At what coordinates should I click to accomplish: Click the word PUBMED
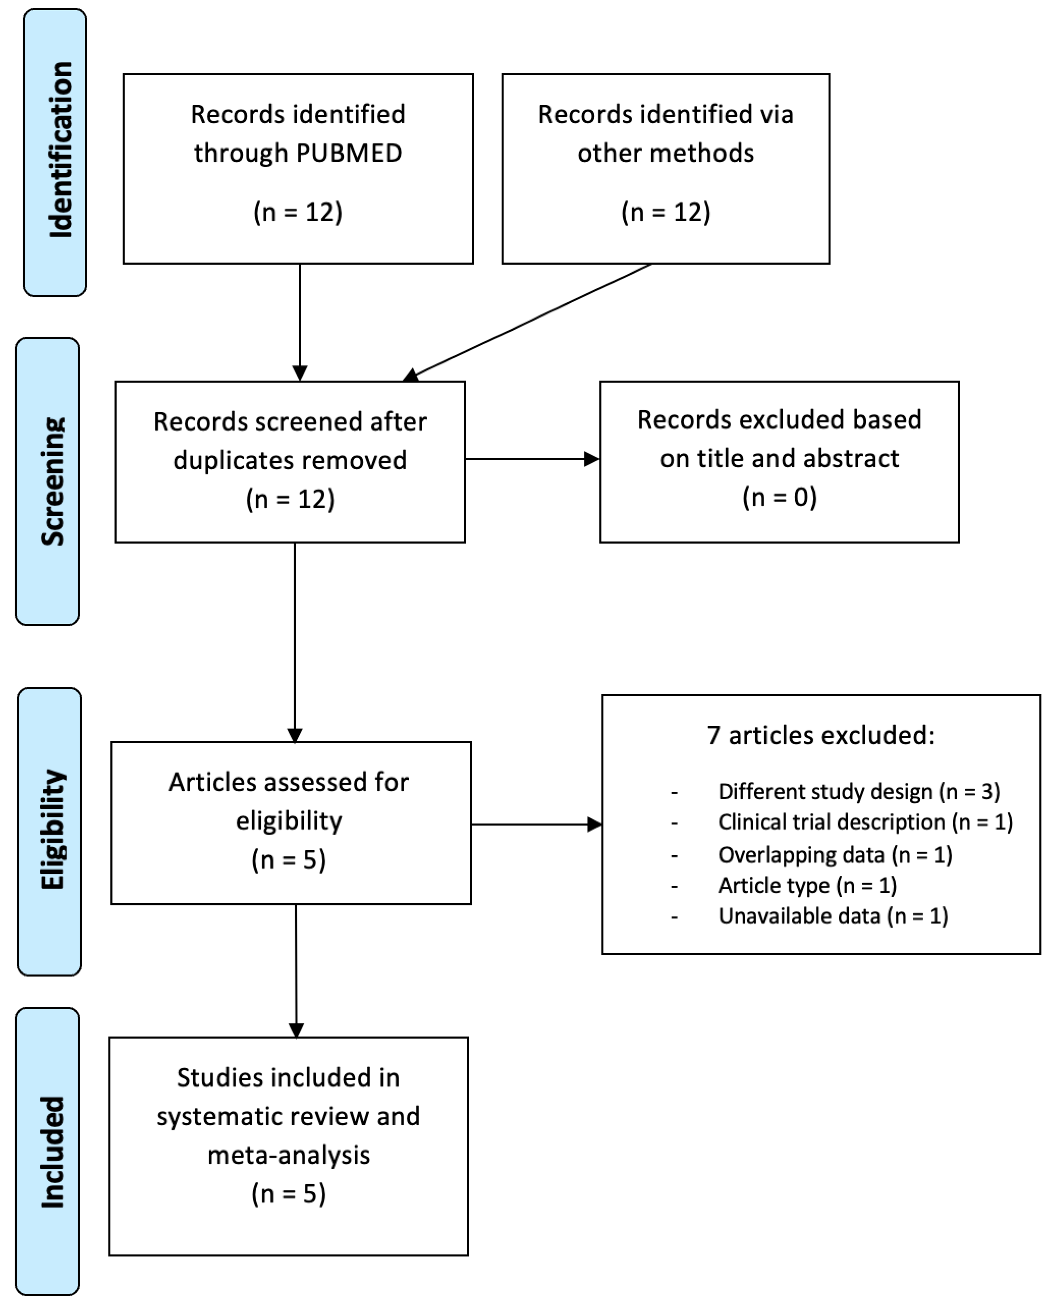(349, 153)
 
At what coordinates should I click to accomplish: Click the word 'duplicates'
(220, 460)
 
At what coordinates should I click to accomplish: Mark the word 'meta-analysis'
(289, 1155)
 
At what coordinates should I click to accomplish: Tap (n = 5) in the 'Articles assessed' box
(289, 860)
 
